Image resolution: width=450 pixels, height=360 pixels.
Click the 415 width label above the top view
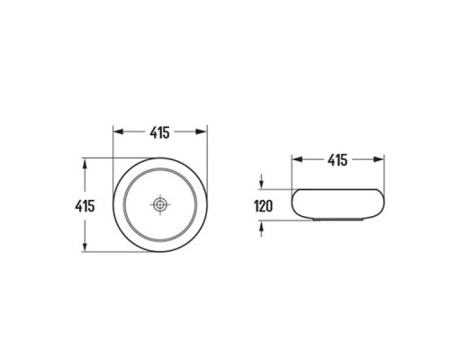tap(159, 132)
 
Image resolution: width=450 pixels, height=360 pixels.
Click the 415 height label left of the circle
tap(85, 206)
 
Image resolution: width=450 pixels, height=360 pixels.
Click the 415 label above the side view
tap(337, 160)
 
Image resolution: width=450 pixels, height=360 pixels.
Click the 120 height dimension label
tap(264, 206)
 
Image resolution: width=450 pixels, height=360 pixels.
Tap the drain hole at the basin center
tap(160, 204)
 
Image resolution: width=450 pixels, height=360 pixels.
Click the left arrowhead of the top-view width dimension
tap(119, 131)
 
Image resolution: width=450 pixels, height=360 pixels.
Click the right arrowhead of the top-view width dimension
tap(202, 131)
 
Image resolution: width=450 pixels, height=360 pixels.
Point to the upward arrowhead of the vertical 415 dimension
tap(85, 164)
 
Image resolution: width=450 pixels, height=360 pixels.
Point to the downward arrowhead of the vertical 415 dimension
tap(85, 246)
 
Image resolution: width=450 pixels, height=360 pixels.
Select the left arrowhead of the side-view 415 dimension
tap(297, 159)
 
